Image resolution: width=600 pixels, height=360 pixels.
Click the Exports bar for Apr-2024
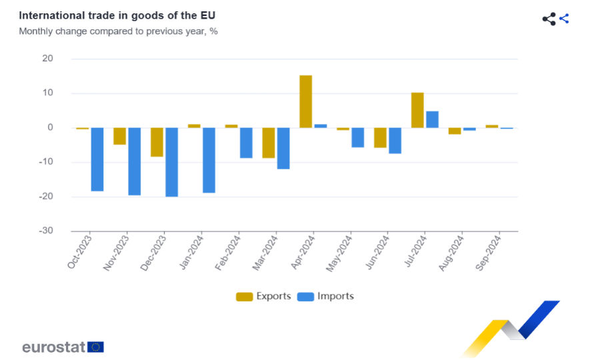[305, 101]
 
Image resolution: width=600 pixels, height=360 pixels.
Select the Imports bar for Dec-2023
[171, 162]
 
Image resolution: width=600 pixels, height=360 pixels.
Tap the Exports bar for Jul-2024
[417, 110]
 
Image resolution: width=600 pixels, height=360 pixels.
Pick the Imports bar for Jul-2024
[432, 119]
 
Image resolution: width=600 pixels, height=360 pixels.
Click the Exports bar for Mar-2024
[268, 143]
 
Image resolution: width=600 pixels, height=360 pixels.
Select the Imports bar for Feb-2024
[246, 143]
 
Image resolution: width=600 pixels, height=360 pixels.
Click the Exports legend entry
[263, 296]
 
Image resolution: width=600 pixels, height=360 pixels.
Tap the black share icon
[549, 19]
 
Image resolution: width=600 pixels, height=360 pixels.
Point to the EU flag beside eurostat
[96, 347]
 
